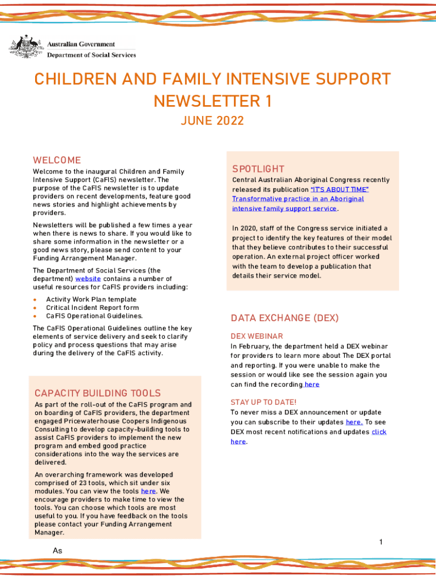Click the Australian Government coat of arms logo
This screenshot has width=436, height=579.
point(25,47)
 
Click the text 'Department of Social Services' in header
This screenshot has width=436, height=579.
point(91,55)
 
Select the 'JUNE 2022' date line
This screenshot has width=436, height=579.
point(212,120)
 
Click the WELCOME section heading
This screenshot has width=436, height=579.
point(57,160)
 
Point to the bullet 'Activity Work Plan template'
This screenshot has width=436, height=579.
point(91,299)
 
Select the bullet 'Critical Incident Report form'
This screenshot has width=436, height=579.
point(92,308)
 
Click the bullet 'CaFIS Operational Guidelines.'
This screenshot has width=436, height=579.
point(95,316)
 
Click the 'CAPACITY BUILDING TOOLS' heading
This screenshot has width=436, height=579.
point(97,393)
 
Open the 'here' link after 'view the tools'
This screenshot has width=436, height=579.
point(148,491)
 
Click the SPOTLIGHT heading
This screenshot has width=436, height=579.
point(258,168)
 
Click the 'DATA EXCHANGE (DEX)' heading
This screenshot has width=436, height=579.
point(284,318)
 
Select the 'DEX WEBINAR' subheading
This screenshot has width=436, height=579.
point(257,336)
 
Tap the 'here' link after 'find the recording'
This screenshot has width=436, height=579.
point(311,384)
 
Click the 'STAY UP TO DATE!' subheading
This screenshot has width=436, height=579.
point(263,402)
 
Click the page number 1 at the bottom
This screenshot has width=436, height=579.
point(381,542)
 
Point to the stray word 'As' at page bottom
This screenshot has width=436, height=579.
point(57,551)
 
